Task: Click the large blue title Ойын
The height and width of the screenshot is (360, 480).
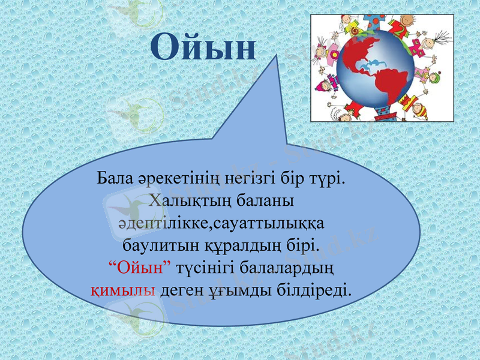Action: point(203,47)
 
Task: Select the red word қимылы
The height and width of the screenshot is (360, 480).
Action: point(123,290)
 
